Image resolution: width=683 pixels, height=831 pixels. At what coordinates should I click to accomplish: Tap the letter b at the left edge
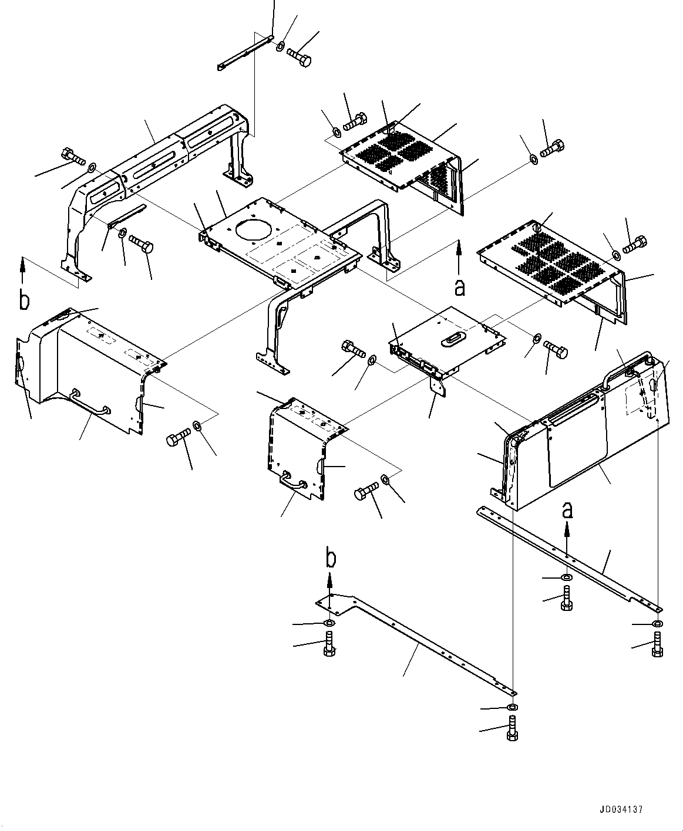pyautogui.click(x=23, y=300)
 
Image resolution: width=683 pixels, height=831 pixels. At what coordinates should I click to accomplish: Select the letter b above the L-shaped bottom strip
pyautogui.click(x=331, y=558)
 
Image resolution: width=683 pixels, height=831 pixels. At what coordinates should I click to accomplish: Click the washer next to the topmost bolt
pyautogui.click(x=280, y=46)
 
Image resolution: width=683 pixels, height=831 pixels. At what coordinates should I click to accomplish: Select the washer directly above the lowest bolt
pyautogui.click(x=513, y=708)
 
